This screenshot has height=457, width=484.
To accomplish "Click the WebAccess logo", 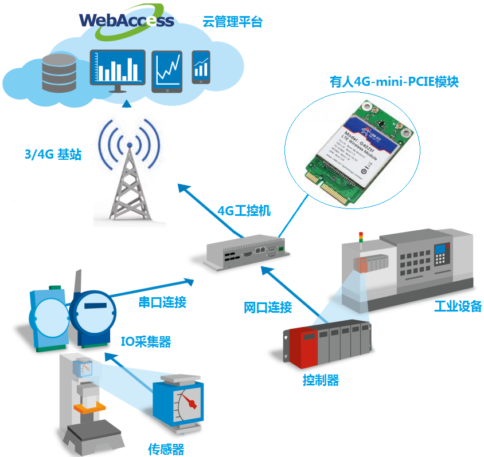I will pyautogui.click(x=126, y=21).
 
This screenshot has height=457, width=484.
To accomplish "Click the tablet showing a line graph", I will pyautogui.click(x=167, y=70).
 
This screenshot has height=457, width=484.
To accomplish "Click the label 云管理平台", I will pyautogui.click(x=232, y=22).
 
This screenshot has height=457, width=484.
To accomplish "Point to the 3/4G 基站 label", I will pyautogui.click(x=52, y=154).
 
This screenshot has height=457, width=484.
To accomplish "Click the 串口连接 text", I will pyautogui.click(x=163, y=302).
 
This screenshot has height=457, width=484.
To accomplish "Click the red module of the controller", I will pyautogui.click(x=302, y=346).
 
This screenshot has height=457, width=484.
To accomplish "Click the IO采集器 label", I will pyautogui.click(x=146, y=342).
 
